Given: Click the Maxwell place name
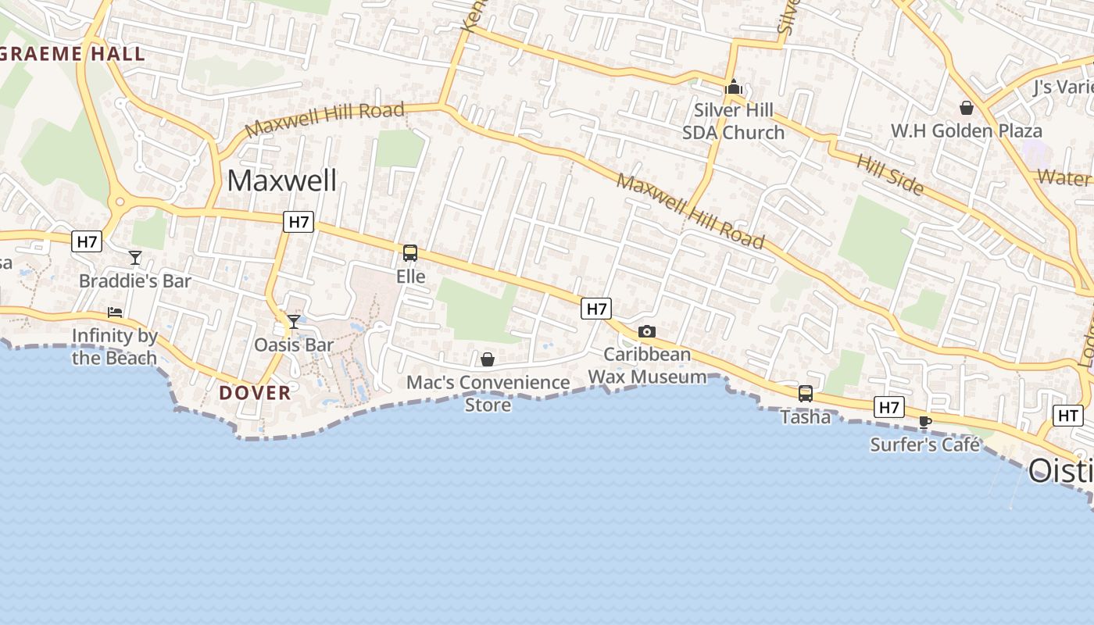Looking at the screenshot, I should pyautogui.click(x=282, y=180).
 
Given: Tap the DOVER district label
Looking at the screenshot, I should pyautogui.click(x=255, y=392).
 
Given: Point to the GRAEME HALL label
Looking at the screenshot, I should pyautogui.click(x=73, y=54).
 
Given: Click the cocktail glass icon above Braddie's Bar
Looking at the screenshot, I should pyautogui.click(x=135, y=257).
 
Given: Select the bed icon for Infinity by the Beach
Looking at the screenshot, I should pyautogui.click(x=115, y=312).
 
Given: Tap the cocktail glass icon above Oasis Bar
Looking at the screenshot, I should pyautogui.click(x=294, y=321).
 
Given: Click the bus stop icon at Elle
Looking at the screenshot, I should pyautogui.click(x=410, y=253).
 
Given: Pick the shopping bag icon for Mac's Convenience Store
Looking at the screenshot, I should pyautogui.click(x=488, y=359).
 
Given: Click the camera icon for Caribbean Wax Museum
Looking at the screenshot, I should pyautogui.click(x=646, y=332).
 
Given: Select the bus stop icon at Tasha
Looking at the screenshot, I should pyautogui.click(x=806, y=394).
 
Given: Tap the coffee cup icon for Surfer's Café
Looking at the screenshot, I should pyautogui.click(x=925, y=422).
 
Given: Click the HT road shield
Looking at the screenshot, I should pyautogui.click(x=1068, y=416).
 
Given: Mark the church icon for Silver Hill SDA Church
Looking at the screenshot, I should pyautogui.click(x=733, y=87).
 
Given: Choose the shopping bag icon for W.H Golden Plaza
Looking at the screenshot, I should pyautogui.click(x=967, y=108).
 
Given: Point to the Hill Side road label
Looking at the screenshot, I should pyautogui.click(x=890, y=174).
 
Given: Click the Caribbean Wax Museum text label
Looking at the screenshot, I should pyautogui.click(x=647, y=366).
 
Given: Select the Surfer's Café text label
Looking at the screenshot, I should pyautogui.click(x=925, y=445).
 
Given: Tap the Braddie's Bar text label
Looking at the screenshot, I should pyautogui.click(x=135, y=280).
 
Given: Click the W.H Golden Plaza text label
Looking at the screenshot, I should pyautogui.click(x=967, y=130).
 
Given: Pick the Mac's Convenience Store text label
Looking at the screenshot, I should pyautogui.click(x=488, y=393).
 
